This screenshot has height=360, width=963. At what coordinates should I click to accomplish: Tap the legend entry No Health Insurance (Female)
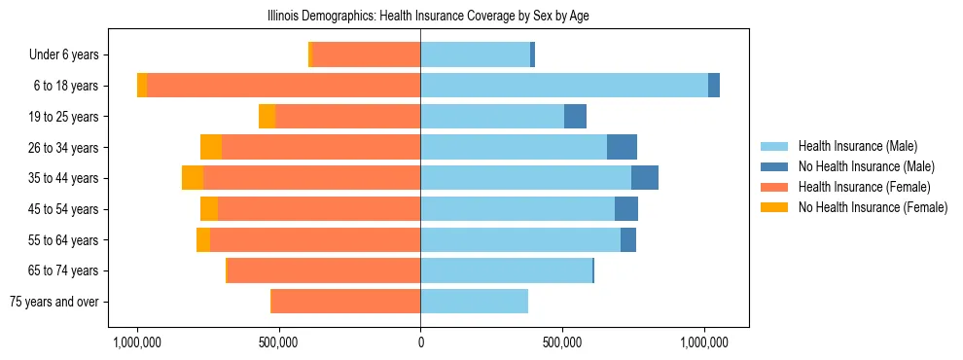point(873,207)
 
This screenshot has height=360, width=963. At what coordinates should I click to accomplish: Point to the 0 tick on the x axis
point(420,342)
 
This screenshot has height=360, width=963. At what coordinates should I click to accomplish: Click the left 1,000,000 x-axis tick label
point(137,342)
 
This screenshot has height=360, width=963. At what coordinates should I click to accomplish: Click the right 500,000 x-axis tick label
point(562,342)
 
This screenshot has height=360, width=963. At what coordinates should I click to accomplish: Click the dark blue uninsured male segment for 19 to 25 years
point(575,116)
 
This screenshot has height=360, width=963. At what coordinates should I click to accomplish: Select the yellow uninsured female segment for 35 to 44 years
point(193,178)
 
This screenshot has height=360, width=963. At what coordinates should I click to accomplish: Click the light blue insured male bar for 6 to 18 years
point(564,86)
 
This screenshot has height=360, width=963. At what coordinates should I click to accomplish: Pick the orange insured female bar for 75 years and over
point(345,302)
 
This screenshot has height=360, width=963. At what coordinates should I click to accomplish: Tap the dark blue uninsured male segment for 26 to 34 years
point(622,147)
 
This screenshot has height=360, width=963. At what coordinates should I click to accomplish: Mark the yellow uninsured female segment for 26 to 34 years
point(211,147)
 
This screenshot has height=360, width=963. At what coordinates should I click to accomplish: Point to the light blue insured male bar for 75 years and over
point(474,302)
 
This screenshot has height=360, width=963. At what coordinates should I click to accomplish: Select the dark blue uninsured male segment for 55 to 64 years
point(628,239)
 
